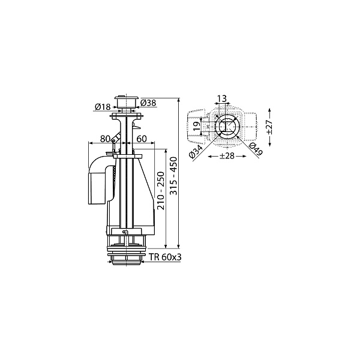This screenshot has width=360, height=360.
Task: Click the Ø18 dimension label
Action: coord(103,107)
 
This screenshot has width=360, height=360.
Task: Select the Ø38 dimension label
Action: coord(148,103)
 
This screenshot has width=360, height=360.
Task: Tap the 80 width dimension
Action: coord(106,139)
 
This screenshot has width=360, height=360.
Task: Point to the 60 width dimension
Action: coord(142,139)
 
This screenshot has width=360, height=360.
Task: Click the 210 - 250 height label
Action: coord(161,190)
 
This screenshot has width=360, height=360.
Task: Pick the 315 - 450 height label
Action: coord(173,176)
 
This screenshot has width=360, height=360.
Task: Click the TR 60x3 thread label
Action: coord(165,257)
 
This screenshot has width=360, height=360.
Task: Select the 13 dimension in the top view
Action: coord(222,98)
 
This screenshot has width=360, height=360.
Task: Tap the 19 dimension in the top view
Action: coord(197,126)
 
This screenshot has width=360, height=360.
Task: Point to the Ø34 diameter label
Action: coord(196,152)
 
